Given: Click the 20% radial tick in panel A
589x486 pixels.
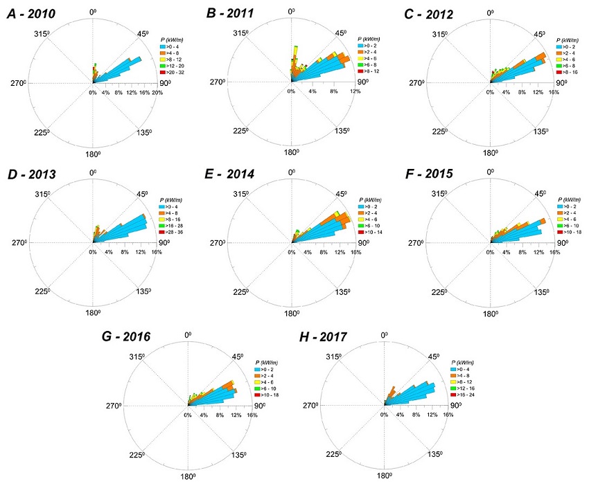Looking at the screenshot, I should (157, 93).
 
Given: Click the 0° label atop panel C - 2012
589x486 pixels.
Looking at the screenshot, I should (491, 12).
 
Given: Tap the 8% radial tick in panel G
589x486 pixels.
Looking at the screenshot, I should (220, 415).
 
